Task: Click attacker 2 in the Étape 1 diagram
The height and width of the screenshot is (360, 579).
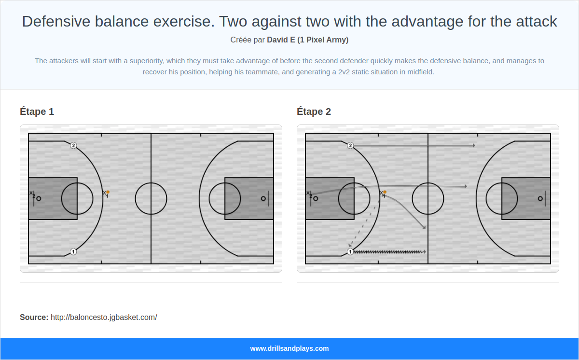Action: point(73,145)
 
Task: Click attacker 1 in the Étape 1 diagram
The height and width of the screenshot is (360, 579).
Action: point(73,251)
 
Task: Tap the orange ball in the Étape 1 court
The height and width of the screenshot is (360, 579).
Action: point(108,192)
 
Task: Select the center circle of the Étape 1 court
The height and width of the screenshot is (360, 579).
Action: point(151,198)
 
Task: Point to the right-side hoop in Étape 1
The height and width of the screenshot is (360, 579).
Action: point(263,198)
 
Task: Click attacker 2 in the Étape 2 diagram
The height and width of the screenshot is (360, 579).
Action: point(350,145)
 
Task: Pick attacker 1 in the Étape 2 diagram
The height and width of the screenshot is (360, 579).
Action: point(350,251)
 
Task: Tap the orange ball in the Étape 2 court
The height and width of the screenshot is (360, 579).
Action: point(385,192)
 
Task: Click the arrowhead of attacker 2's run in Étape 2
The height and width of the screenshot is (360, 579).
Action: point(474,145)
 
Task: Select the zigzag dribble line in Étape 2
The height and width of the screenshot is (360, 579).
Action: point(388,251)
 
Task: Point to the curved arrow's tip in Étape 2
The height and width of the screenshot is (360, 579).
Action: point(424,228)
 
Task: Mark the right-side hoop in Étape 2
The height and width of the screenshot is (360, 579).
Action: point(540,198)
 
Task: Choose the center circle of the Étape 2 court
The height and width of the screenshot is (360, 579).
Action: point(428,198)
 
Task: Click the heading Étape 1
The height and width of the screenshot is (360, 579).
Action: point(37,111)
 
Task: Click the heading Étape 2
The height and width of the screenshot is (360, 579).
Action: point(314,111)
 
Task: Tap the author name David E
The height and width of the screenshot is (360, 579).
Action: point(281,40)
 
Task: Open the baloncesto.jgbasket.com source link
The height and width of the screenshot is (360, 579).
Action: point(104,317)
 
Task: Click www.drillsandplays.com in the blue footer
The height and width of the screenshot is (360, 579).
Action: point(289,348)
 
